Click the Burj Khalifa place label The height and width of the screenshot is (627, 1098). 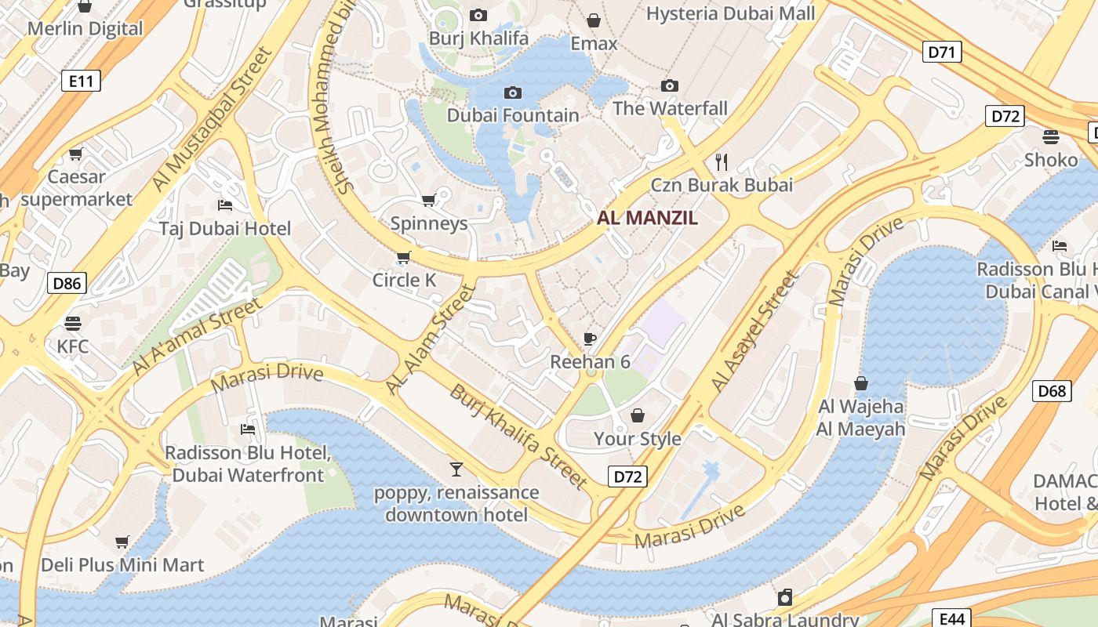point(478,38)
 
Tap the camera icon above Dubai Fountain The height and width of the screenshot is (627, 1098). point(512,93)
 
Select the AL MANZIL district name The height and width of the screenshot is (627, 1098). point(647,218)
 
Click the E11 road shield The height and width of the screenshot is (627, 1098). point(81,80)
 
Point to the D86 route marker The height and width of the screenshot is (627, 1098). point(67,283)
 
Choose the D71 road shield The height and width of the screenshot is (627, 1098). point(941,53)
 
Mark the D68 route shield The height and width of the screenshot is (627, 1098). point(1052,390)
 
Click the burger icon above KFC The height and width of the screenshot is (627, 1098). point(73,324)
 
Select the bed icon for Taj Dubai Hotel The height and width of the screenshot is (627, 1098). point(225,205)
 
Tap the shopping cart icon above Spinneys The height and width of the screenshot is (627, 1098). point(428,201)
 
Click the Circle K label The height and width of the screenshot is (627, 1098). point(404,280)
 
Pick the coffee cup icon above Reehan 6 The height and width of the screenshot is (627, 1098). point(590,339)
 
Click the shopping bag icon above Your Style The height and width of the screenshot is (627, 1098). point(638,415)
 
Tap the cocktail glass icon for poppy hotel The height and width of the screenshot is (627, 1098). point(456,469)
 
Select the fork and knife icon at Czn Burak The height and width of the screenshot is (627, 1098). point(722,162)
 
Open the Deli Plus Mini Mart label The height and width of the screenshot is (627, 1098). point(122,564)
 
